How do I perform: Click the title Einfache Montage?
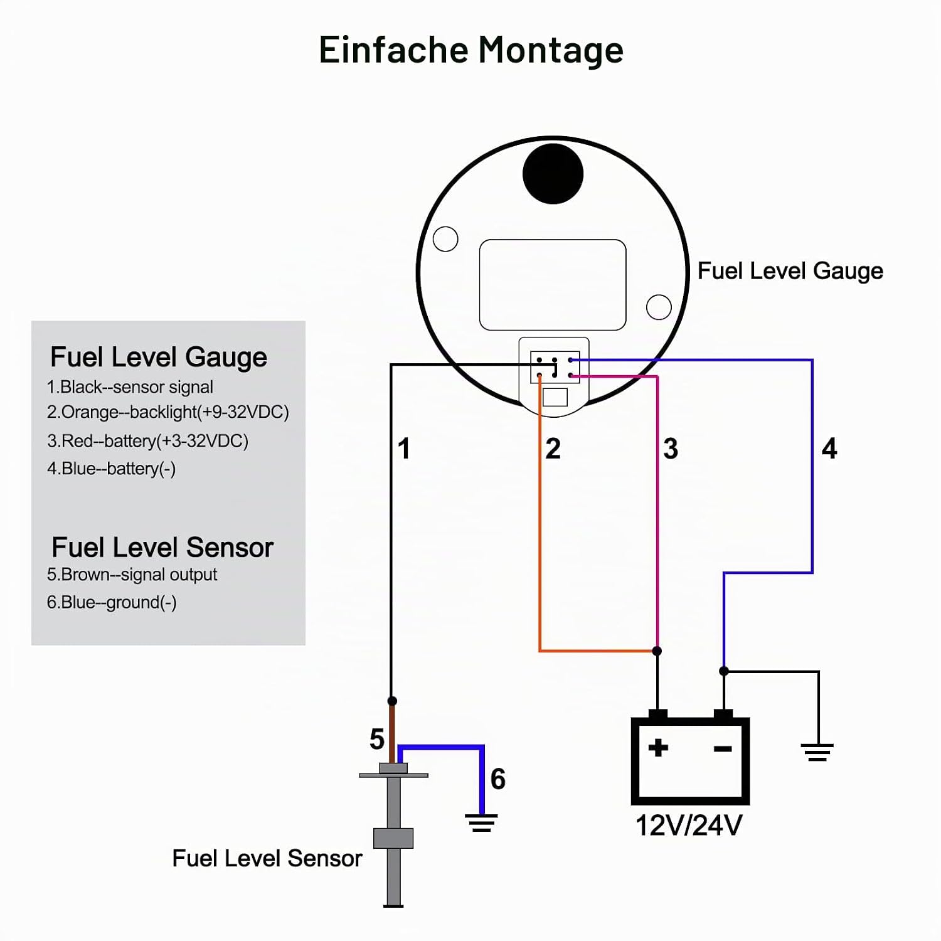tap(471, 50)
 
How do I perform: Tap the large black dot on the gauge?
tap(553, 174)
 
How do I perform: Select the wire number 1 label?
tap(404, 449)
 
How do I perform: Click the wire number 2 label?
tap(553, 449)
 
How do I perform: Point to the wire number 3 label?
tap(671, 449)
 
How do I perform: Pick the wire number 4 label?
tap(829, 449)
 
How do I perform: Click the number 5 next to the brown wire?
tap(376, 739)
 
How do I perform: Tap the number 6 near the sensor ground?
tap(498, 779)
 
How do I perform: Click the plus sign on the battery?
tap(658, 748)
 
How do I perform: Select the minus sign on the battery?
tap(723, 748)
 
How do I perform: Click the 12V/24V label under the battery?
tap(689, 826)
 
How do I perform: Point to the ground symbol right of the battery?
tap(817, 752)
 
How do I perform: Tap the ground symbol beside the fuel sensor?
tap(481, 822)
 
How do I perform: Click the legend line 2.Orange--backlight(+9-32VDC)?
tap(167, 412)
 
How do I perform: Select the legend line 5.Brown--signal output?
tap(132, 574)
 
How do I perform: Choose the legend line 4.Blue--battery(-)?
tap(111, 469)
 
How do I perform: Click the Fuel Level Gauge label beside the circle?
tap(790, 271)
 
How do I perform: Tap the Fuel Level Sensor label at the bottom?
tap(267, 858)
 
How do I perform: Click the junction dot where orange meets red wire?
tap(657, 651)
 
